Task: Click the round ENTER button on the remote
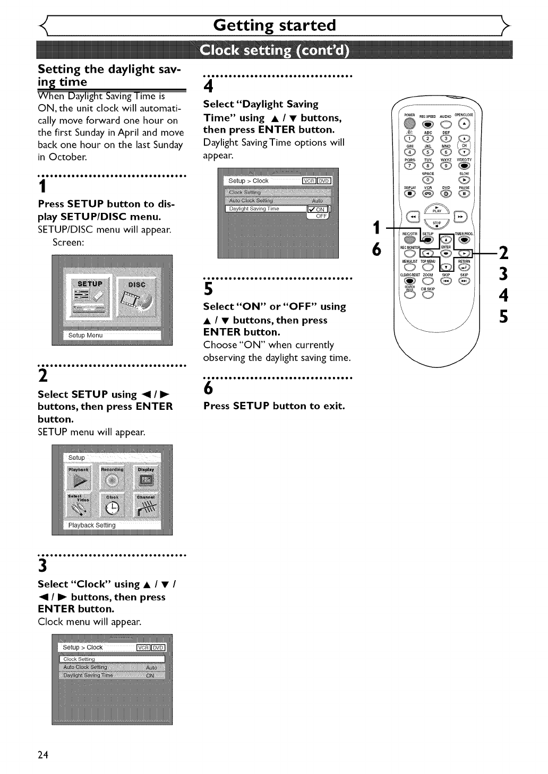pyautogui.click(x=446, y=253)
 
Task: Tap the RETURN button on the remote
pyautogui.click(x=464, y=267)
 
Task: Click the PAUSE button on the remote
pyautogui.click(x=464, y=193)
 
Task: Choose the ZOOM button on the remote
pyautogui.click(x=428, y=281)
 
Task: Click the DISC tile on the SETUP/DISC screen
pyautogui.click(x=137, y=302)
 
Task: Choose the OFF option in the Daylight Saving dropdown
pyautogui.click(x=321, y=216)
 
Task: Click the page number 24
pyautogui.click(x=43, y=755)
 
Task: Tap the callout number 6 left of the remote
pyautogui.click(x=376, y=249)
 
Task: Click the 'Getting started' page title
pyautogui.click(x=274, y=25)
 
